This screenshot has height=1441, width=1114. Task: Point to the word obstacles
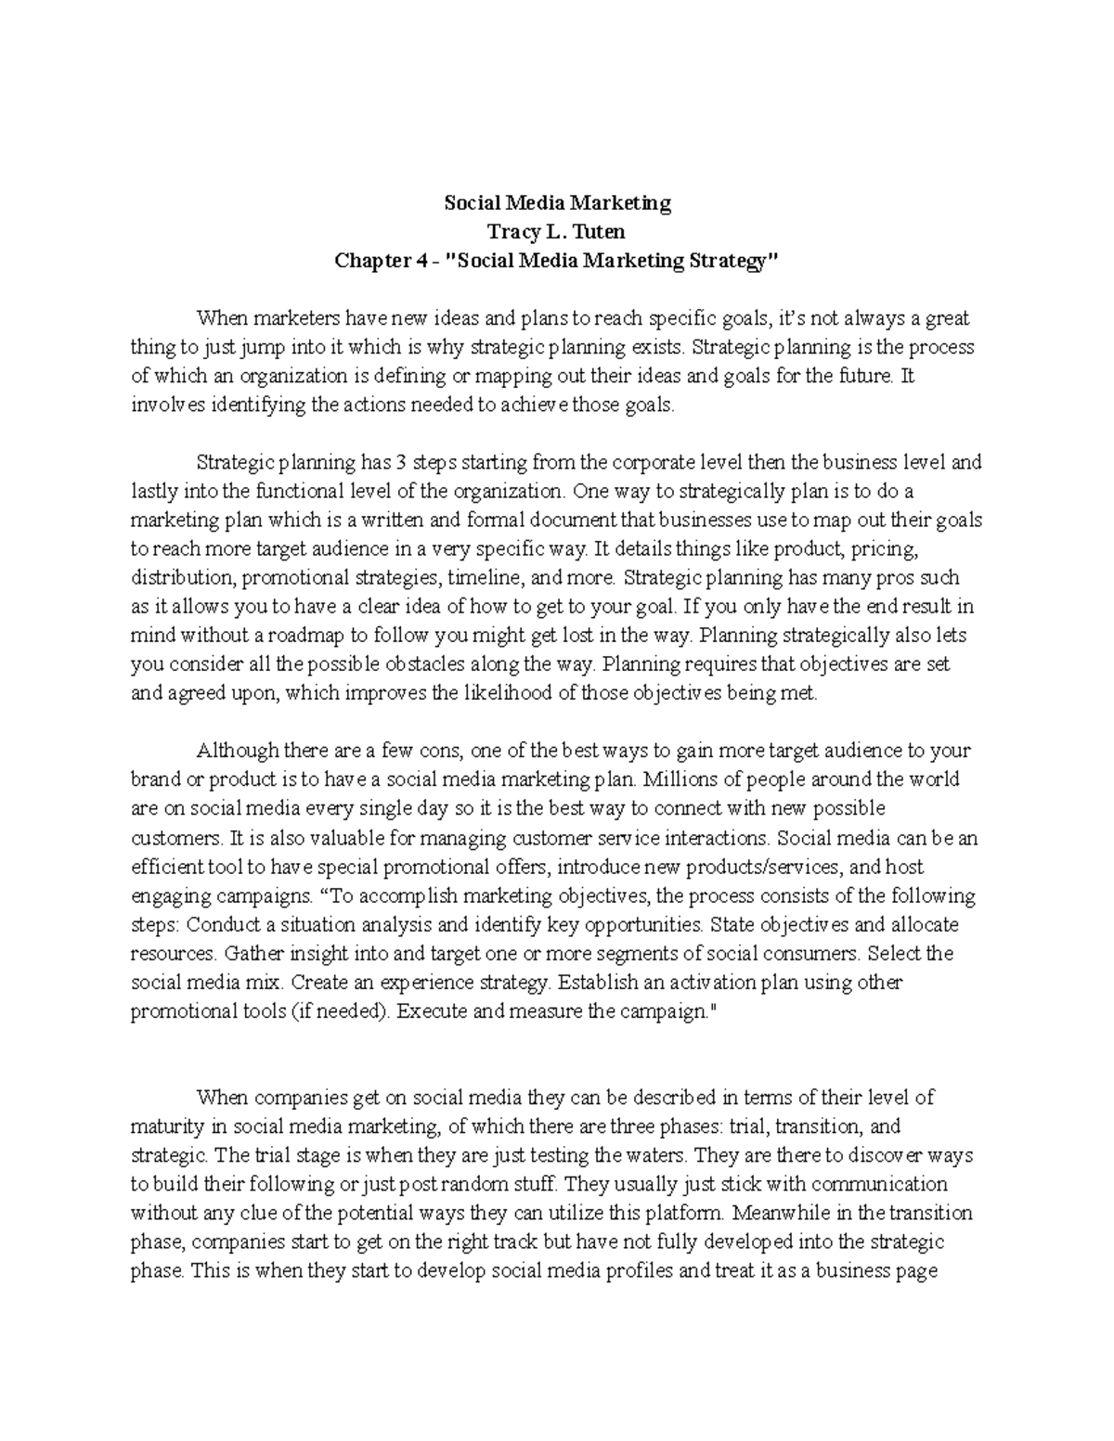(x=418, y=664)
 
